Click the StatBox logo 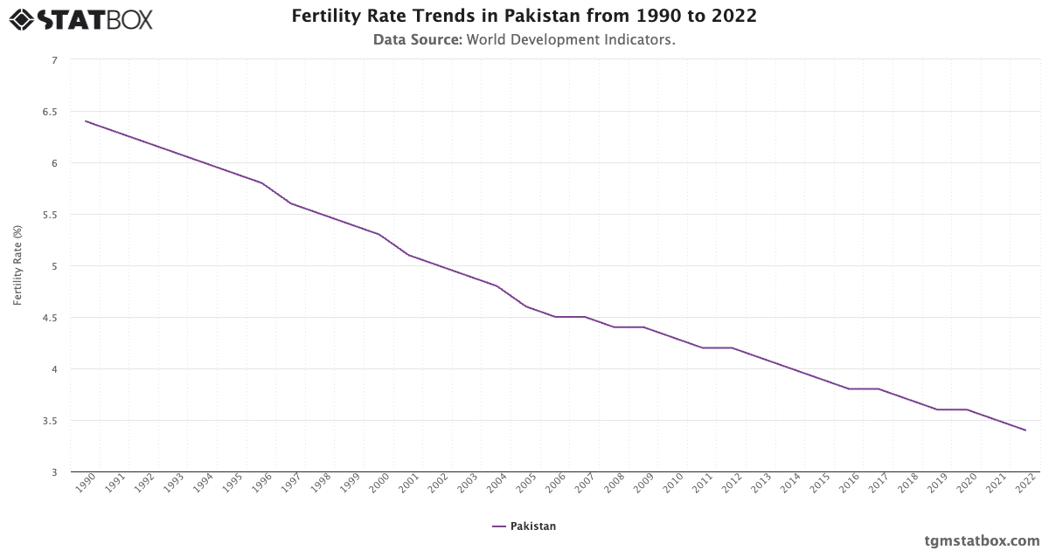(81, 19)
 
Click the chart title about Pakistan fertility (524, 17)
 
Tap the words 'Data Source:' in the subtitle (418, 39)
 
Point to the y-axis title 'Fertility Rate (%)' (17, 265)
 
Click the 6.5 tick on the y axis (49, 112)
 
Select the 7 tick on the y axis (54, 60)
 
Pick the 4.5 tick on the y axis (49, 318)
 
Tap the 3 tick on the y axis (54, 472)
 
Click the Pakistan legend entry (524, 526)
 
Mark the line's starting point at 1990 (86, 121)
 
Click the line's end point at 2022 (1025, 430)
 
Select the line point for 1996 (261, 182)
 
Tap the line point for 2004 (497, 286)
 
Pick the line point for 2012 (732, 347)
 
